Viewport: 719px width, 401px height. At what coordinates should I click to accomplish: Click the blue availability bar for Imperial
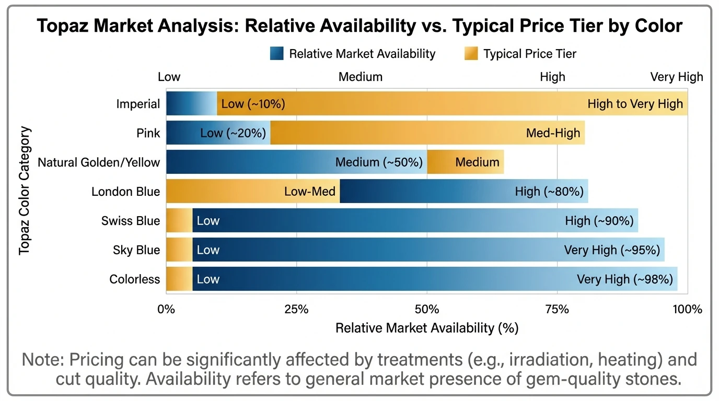tap(191, 103)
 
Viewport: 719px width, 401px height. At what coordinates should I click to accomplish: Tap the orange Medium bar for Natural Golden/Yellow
tap(465, 162)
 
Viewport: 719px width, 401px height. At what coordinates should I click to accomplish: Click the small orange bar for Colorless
tap(179, 279)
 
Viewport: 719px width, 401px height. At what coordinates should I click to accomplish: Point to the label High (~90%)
tap(599, 221)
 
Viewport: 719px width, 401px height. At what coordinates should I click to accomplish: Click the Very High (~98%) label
tap(624, 279)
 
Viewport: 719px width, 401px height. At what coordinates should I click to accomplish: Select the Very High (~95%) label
tap(612, 250)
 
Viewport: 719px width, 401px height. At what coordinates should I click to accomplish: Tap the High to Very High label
tap(635, 104)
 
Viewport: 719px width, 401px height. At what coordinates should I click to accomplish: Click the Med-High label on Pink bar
tap(553, 133)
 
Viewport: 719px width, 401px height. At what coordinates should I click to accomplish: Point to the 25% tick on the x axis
tap(296, 309)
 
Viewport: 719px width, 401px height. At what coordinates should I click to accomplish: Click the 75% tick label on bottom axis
tap(557, 309)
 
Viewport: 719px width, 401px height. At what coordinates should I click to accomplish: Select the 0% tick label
tap(166, 309)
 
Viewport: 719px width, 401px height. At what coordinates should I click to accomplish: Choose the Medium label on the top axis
tap(361, 77)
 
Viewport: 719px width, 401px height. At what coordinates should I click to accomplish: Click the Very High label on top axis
tap(677, 77)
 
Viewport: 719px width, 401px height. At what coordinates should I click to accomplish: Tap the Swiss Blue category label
tap(131, 221)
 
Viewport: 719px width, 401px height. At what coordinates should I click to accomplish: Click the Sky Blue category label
tap(136, 250)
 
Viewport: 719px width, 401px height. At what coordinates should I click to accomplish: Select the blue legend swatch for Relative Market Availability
tap(277, 53)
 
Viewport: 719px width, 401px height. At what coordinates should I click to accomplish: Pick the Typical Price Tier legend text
tap(530, 53)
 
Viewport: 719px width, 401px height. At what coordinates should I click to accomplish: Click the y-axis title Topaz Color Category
tap(25, 191)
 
